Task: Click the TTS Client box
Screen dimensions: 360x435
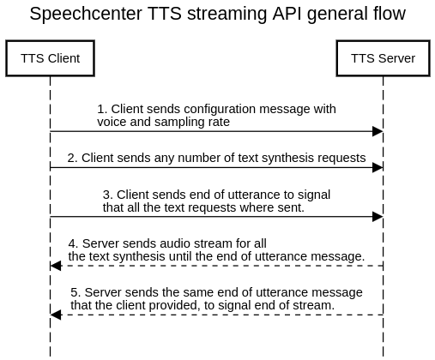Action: [50, 58]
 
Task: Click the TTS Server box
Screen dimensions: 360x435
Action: [383, 58]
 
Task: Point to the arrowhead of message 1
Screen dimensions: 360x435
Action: [378, 131]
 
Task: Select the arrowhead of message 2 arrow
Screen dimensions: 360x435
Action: [378, 167]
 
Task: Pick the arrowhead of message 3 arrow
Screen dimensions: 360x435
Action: [378, 217]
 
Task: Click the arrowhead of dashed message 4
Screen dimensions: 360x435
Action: [56, 266]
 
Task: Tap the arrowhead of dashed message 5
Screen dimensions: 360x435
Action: [56, 315]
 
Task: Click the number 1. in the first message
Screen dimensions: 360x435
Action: [102, 110]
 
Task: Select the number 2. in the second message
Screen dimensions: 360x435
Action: [73, 158]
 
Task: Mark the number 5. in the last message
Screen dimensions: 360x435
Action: [76, 293]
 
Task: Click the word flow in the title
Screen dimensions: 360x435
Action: [387, 15]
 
